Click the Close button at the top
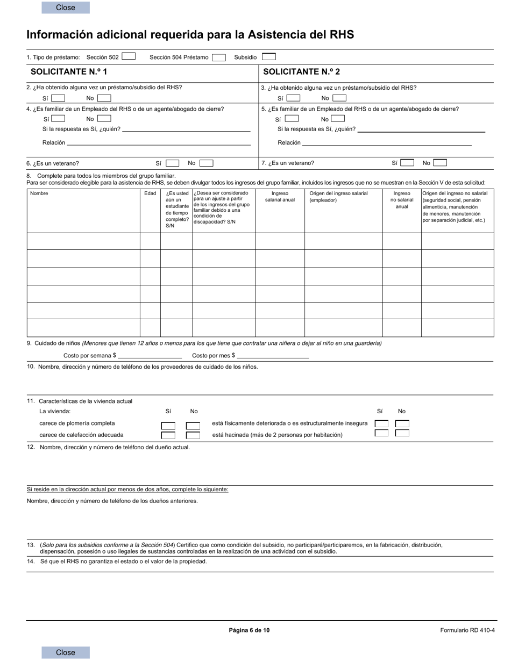click(x=66, y=8)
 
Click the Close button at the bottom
click(x=66, y=652)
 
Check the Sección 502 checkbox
click(x=129, y=56)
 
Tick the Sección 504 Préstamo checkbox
click(x=218, y=58)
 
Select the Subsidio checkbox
click(x=268, y=56)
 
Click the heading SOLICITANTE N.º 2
click(x=301, y=71)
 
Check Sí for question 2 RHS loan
click(x=58, y=98)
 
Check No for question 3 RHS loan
click(x=339, y=98)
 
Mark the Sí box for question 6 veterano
click(x=172, y=163)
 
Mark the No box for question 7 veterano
click(x=439, y=162)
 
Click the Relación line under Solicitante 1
click(x=159, y=143)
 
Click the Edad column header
click(x=150, y=193)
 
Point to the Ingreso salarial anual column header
click(x=280, y=197)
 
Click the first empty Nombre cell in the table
click(x=83, y=241)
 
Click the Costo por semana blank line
click(x=150, y=356)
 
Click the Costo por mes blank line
click(x=273, y=356)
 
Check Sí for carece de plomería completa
click(x=168, y=425)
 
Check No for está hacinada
click(x=402, y=433)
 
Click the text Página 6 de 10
click(x=249, y=630)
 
